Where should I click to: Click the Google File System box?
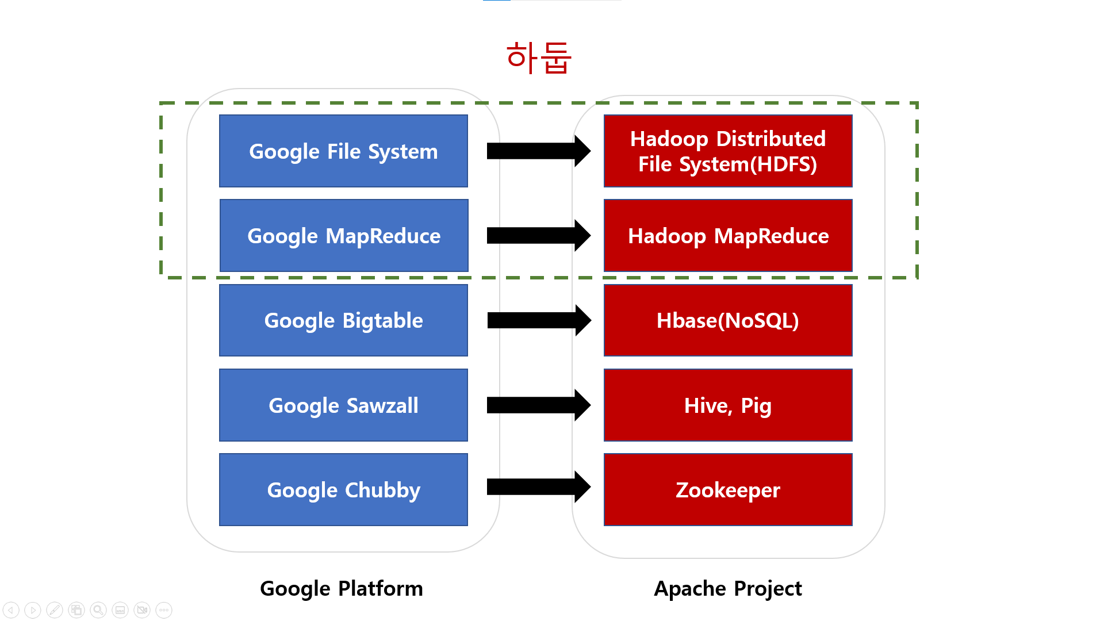343,151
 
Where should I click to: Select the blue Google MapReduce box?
344,236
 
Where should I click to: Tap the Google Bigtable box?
343,320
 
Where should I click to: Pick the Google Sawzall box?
343,405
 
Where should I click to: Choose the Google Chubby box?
343,490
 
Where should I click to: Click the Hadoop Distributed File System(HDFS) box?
728,151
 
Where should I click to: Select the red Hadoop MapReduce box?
728,236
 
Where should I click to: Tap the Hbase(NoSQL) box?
728,320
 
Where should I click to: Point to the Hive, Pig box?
728,405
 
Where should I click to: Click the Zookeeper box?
728,490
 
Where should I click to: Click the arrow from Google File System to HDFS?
538,151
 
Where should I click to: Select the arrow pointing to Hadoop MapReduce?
538,236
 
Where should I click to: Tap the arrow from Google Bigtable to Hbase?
538,320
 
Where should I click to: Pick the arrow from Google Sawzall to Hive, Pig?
538,405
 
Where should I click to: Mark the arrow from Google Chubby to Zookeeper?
538,487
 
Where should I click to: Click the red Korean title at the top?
539,57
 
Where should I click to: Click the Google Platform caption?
342,589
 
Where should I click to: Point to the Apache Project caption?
728,589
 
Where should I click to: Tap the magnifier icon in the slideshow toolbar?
98,610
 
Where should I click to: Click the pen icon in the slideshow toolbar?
55,610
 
